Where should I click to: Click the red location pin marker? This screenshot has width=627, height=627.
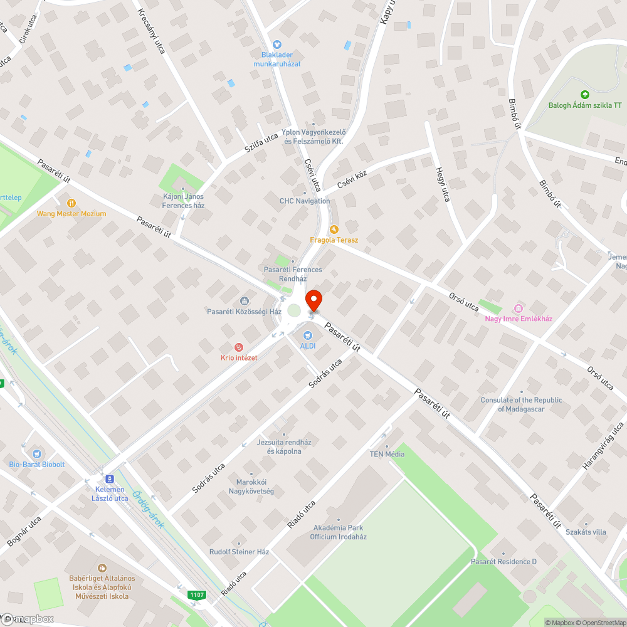[313, 300]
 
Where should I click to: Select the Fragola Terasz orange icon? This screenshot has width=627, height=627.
[334, 229]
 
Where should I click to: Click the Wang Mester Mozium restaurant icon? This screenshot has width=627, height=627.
[71, 203]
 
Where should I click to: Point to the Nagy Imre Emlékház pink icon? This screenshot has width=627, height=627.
[518, 308]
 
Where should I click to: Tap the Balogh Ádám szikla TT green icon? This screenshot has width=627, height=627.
[584, 95]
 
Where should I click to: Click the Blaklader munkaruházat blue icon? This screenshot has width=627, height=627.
[277, 44]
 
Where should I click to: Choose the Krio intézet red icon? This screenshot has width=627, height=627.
[238, 347]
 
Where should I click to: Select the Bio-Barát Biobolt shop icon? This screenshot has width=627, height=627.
[36, 453]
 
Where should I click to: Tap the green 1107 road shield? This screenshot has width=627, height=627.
[197, 594]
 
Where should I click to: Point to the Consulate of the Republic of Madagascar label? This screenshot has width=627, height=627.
[521, 404]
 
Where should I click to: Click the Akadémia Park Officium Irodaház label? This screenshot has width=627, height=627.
[339, 532]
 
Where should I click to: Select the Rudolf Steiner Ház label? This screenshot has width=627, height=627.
[239, 552]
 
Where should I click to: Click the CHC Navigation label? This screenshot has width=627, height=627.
[305, 201]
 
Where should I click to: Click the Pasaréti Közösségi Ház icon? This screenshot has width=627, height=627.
[244, 301]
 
